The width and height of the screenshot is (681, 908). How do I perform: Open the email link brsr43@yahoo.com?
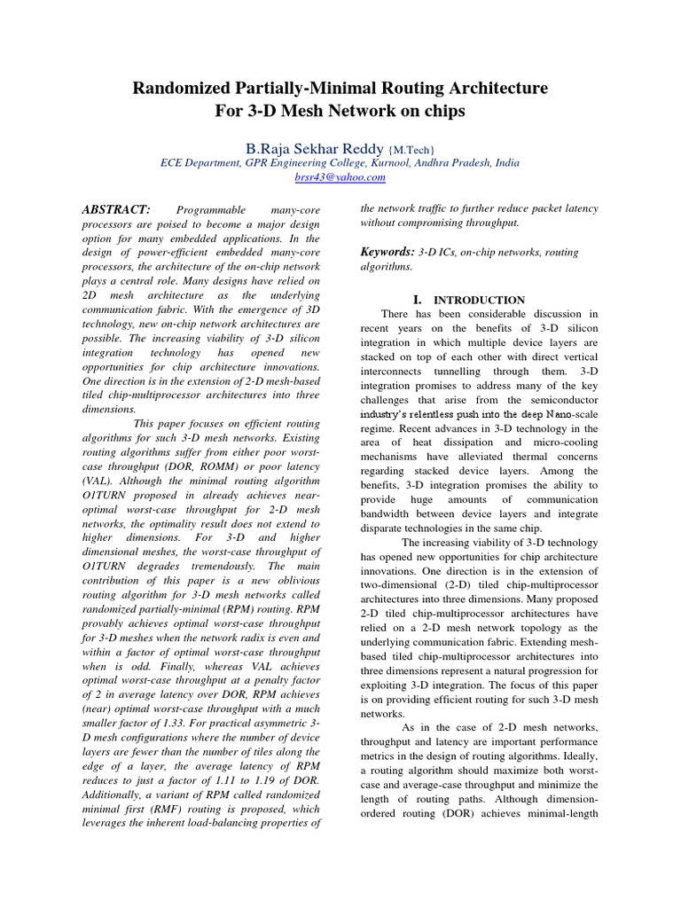[340, 177]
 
